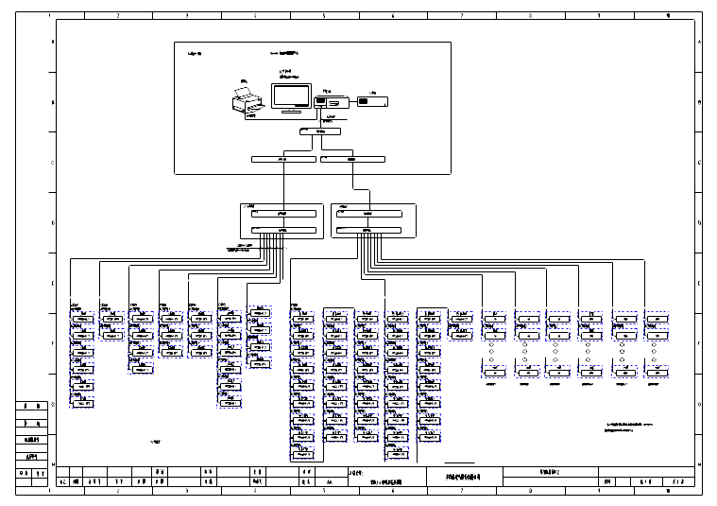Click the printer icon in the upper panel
point(248,101)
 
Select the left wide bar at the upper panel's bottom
point(282,160)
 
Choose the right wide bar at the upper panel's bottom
point(351,160)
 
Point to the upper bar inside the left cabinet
point(282,215)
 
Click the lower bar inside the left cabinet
point(282,230)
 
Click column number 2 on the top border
point(117,16)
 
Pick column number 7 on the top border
point(462,16)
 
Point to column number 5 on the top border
point(324,16)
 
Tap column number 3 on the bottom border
point(186,491)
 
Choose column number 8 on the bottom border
point(531,491)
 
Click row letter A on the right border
point(699,44)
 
